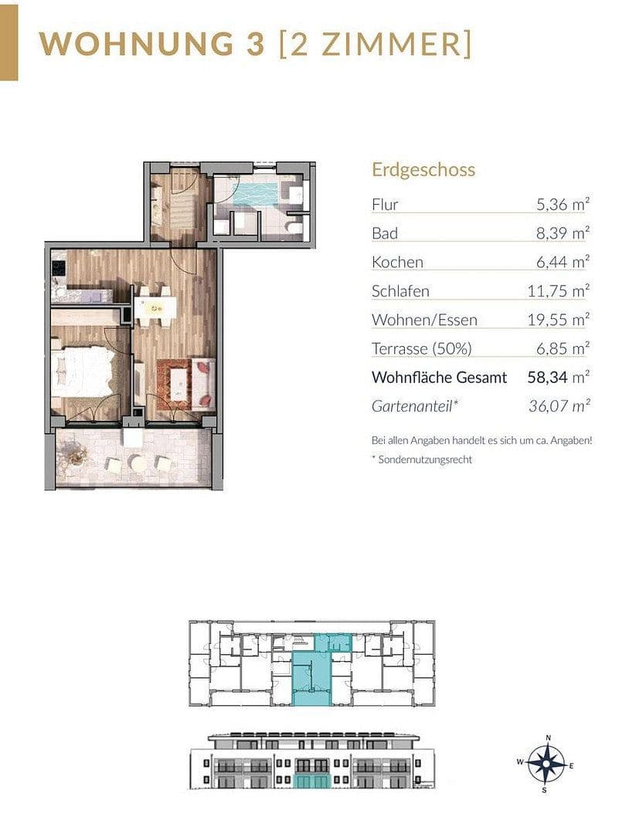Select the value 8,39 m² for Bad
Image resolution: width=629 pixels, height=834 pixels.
coord(563,233)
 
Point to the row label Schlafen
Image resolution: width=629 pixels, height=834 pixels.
coord(400,291)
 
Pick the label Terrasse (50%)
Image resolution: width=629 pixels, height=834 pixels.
coord(421,348)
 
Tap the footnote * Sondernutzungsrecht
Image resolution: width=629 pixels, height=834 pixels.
coord(421,459)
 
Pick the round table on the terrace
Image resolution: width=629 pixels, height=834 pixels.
coord(138,463)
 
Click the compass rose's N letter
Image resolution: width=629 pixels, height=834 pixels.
coord(547,737)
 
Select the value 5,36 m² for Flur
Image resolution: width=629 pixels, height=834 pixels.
coord(563,205)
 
